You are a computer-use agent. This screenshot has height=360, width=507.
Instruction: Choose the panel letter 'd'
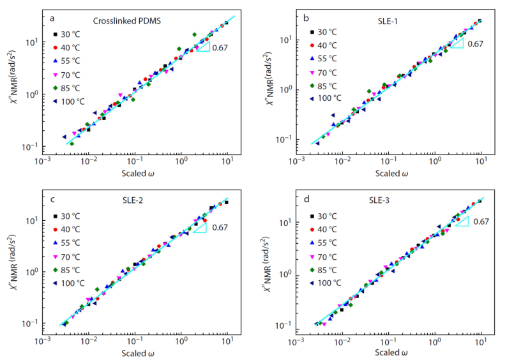click(306, 199)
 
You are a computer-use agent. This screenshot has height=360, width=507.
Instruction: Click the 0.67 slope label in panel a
click(220, 47)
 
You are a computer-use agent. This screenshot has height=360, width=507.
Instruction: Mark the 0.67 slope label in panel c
click(220, 227)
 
